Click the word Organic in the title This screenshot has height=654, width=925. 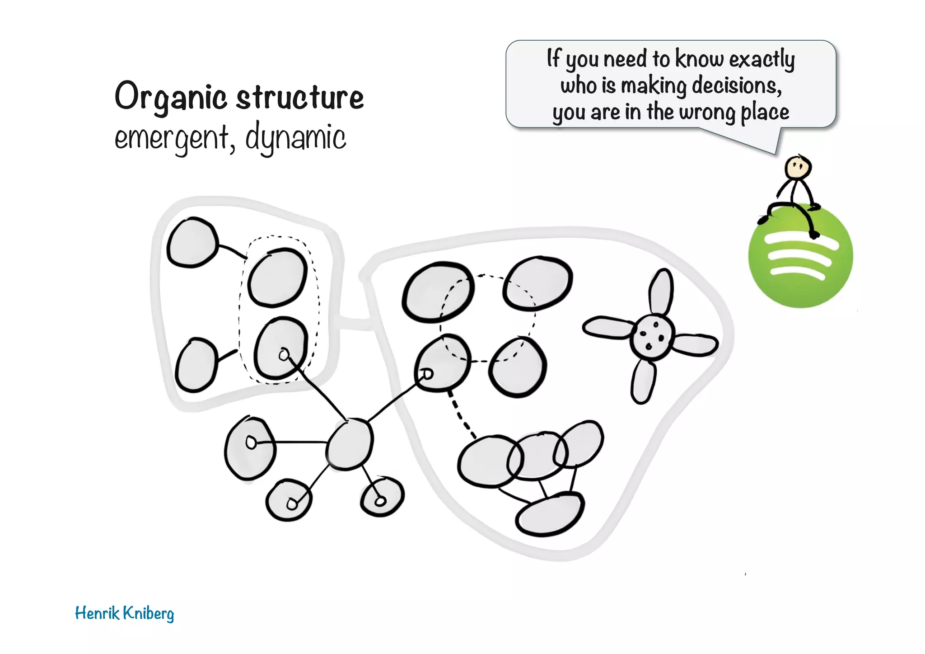(170, 97)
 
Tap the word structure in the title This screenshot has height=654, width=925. (300, 97)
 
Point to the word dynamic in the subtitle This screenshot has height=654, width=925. (295, 137)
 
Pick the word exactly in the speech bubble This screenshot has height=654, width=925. (762, 59)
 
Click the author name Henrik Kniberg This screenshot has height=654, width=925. (124, 613)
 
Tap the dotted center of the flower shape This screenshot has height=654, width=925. (652, 337)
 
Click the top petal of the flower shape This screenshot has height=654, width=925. (661, 292)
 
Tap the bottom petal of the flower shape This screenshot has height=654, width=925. (643, 381)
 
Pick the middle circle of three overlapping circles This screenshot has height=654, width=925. (536, 456)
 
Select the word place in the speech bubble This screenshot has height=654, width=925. (765, 112)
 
